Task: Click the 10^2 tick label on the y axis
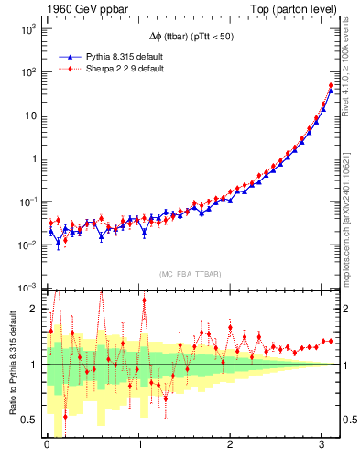click(27, 72)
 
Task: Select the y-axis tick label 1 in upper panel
click(34, 158)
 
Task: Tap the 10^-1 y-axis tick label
click(27, 202)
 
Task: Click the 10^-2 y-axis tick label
click(27, 245)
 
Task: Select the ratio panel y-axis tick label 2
click(34, 309)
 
